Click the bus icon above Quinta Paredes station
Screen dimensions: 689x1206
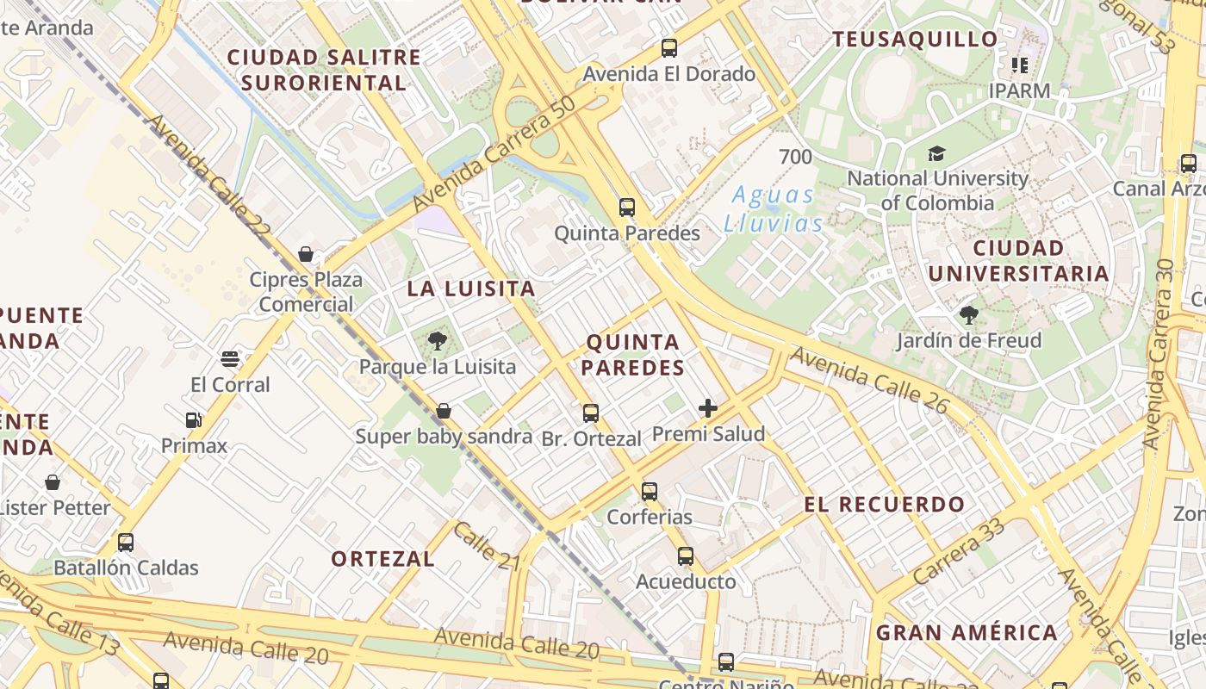(627, 208)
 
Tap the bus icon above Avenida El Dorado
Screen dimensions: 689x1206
(669, 48)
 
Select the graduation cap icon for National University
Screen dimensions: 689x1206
(936, 154)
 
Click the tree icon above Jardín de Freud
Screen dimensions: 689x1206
(969, 315)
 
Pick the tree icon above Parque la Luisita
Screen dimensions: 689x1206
(437, 341)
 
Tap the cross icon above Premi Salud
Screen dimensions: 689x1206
(708, 408)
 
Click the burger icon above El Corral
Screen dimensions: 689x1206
(230, 359)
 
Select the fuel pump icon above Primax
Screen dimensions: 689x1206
(194, 420)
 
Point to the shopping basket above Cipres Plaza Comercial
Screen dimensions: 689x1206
(305, 254)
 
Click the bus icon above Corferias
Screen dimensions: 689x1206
(650, 492)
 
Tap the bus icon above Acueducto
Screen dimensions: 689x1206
(686, 556)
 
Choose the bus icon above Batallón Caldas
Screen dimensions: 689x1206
(126, 543)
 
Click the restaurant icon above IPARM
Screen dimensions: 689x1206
(1020, 65)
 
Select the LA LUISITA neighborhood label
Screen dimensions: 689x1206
(471, 289)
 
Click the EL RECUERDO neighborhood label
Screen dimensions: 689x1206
(884, 505)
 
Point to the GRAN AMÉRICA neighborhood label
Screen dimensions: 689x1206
(967, 633)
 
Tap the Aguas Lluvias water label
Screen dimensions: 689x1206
(773, 209)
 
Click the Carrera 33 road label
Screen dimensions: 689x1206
(959, 549)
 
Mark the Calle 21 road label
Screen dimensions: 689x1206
(487, 545)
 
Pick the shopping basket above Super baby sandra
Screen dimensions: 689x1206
(444, 411)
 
